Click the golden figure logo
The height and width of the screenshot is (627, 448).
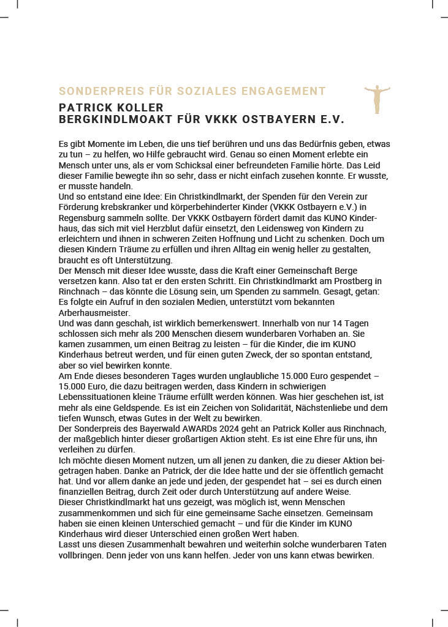(377, 99)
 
